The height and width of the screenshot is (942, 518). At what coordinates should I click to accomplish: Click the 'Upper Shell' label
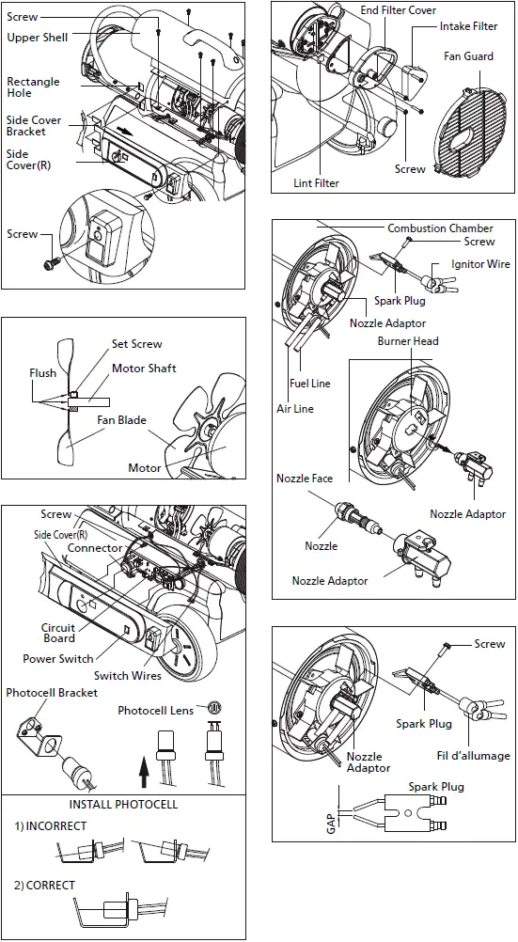tap(38, 38)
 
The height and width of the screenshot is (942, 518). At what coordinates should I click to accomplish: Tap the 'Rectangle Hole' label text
tap(33, 87)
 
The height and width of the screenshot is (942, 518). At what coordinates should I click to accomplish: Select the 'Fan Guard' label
tap(469, 55)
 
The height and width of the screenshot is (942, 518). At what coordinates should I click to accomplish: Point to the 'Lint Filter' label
tap(316, 182)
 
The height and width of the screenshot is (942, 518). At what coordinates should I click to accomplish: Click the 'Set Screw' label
tap(137, 344)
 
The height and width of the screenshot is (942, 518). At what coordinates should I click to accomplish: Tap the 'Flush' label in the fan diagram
tap(42, 373)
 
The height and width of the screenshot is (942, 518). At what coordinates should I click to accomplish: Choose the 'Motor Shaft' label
tap(144, 368)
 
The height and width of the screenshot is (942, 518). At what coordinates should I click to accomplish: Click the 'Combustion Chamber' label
tap(441, 228)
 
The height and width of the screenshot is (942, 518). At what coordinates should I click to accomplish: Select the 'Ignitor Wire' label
tap(480, 264)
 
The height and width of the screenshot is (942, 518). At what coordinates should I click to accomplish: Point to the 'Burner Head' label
tap(408, 340)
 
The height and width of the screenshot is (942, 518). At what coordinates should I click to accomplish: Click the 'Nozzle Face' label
tap(305, 479)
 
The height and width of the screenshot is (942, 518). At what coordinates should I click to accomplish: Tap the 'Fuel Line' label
tap(310, 384)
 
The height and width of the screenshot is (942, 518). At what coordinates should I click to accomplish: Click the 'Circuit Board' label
tap(58, 634)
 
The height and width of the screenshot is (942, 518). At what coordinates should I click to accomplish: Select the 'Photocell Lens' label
tap(156, 710)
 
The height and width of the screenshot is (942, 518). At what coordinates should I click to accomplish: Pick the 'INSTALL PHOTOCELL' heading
tap(124, 804)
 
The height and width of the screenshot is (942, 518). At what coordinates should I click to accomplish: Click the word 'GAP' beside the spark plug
tap(331, 823)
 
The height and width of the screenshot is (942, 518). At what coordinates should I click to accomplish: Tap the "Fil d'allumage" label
tap(473, 755)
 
